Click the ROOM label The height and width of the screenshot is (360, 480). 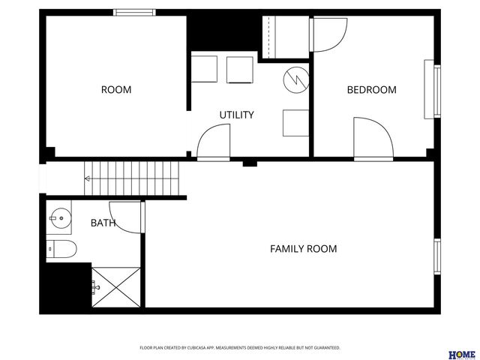tap(116, 90)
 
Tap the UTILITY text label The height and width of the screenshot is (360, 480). tap(236, 115)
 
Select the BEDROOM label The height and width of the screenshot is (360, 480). tap(371, 90)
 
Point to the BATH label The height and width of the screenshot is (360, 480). tap(103, 223)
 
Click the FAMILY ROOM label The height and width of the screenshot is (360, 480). tap(303, 248)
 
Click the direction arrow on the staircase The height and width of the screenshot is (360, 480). tap(88, 178)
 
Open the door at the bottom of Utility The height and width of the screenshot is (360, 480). tap(214, 142)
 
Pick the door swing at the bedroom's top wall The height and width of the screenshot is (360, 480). tap(328, 34)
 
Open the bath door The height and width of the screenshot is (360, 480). tap(126, 217)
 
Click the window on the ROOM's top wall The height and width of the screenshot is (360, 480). tap(135, 12)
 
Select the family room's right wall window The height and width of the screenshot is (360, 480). tap(437, 256)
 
